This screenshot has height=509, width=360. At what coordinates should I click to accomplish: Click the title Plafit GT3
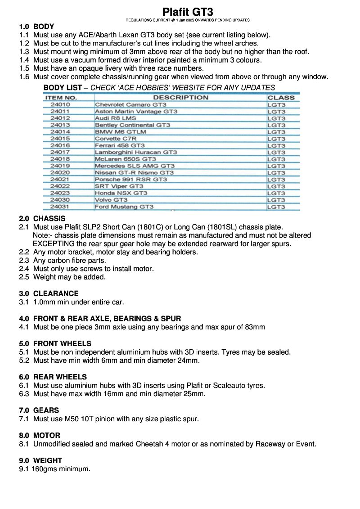click(x=188, y=12)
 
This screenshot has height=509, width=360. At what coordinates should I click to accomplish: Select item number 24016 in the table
click(x=60, y=145)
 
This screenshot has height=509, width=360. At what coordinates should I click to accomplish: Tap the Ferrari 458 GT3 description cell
click(x=120, y=145)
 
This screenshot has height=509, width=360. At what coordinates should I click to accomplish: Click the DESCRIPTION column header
click(x=180, y=97)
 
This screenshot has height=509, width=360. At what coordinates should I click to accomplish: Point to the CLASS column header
click(x=281, y=97)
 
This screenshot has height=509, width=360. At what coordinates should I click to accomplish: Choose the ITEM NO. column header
click(x=61, y=97)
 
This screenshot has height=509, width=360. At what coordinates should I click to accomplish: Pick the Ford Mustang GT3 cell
click(x=124, y=207)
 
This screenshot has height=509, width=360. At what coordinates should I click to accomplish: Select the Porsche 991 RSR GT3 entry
click(x=130, y=180)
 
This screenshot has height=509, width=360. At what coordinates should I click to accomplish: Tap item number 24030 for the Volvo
click(x=60, y=200)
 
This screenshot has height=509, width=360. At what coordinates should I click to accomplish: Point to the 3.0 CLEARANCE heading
click(x=49, y=293)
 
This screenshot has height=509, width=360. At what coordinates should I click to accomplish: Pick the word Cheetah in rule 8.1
click(x=151, y=444)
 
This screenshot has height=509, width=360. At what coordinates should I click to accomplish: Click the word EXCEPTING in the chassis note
click(x=52, y=244)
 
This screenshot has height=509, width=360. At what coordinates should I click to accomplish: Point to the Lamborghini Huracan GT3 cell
click(x=135, y=152)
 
